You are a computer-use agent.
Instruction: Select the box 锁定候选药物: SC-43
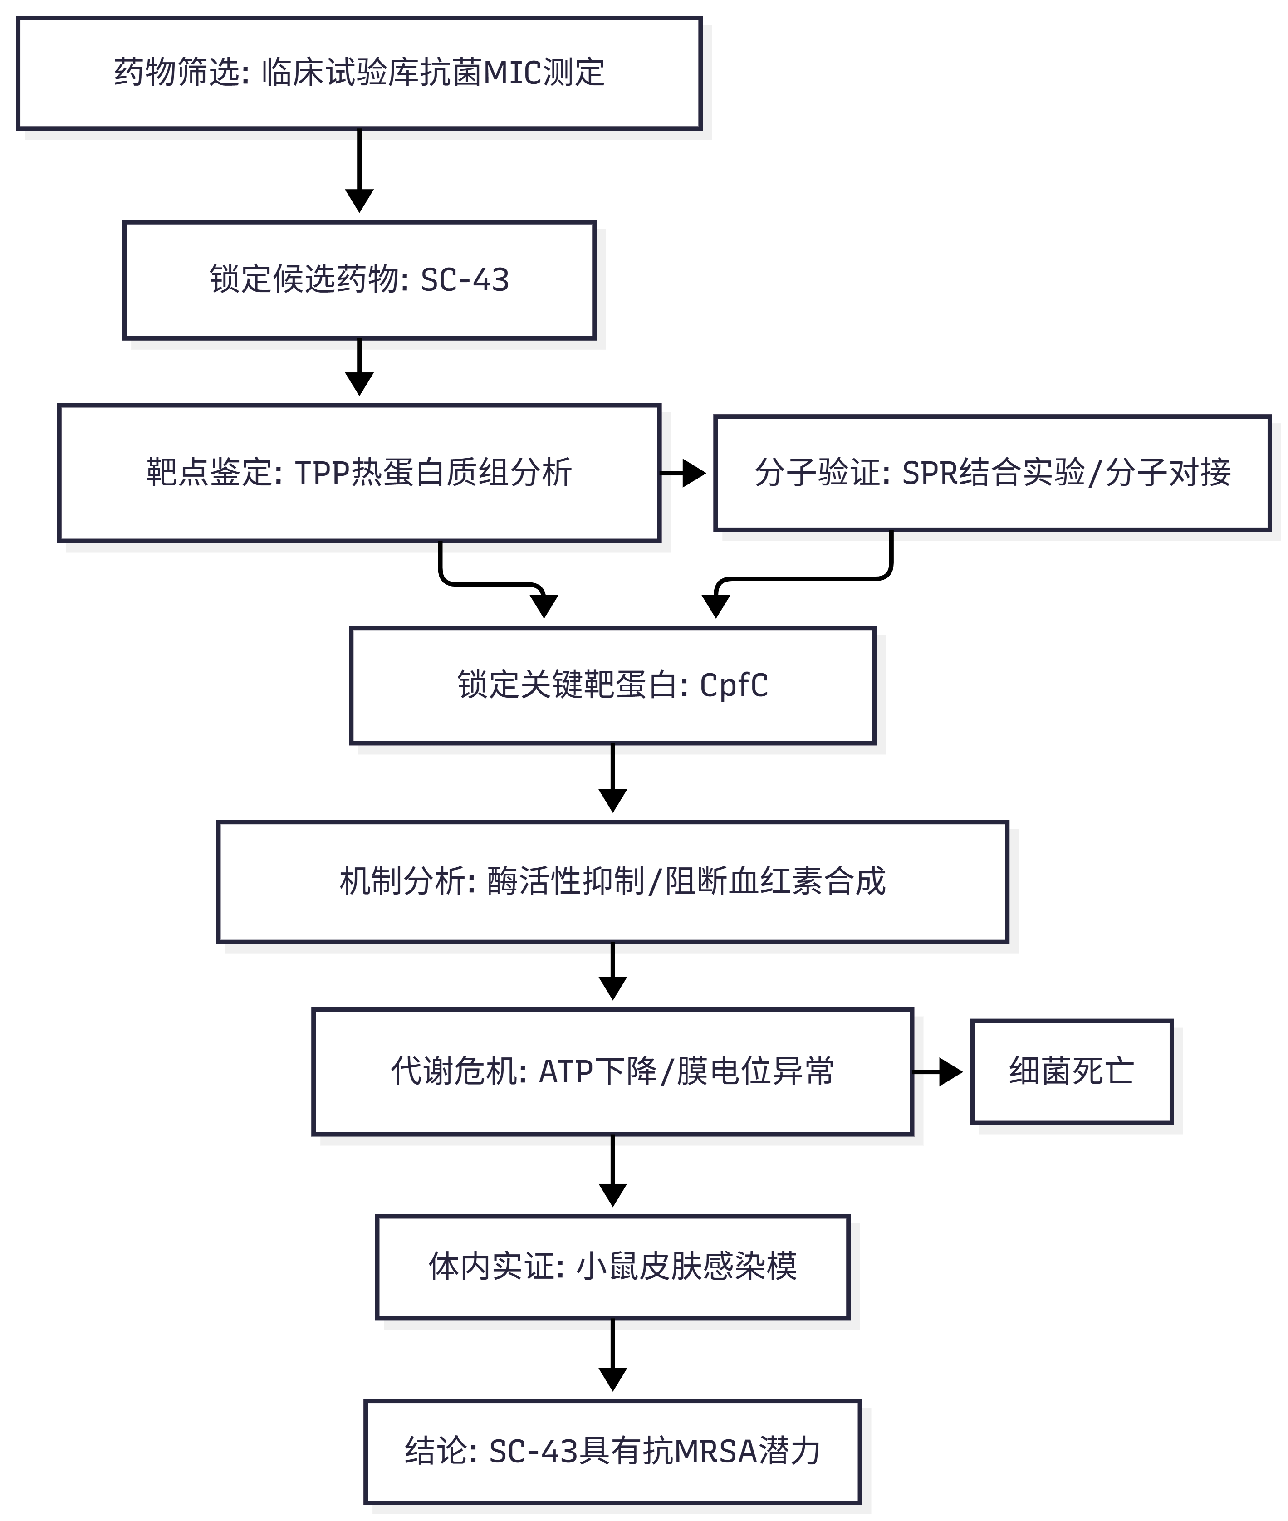tap(359, 280)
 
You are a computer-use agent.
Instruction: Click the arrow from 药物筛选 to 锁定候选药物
tap(359, 171)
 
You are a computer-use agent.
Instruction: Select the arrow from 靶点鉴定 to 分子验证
tap(683, 473)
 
